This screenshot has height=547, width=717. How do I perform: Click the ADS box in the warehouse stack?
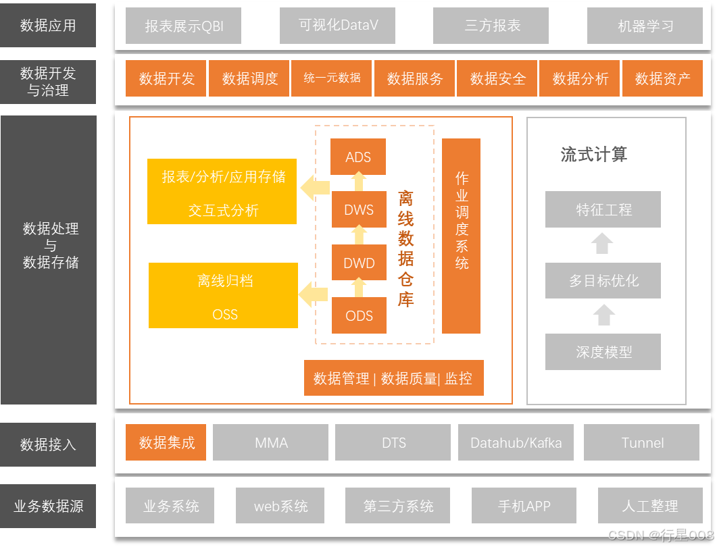pos(358,157)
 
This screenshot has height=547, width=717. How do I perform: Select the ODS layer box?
pos(359,315)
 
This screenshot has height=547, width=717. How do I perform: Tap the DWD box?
pos(359,263)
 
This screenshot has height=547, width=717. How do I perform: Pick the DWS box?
pos(359,209)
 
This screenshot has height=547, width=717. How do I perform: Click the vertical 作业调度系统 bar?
pos(462,236)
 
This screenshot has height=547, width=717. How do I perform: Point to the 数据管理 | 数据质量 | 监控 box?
pos(393,378)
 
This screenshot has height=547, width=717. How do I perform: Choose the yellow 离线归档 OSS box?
pos(224,296)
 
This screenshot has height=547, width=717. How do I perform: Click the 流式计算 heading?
pos(594,155)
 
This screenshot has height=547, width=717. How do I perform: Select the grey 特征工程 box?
pos(603,209)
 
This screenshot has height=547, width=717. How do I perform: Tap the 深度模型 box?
pos(603,352)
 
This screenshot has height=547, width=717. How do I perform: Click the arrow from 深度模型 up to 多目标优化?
pos(603,315)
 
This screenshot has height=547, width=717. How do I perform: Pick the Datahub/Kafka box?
pos(516,442)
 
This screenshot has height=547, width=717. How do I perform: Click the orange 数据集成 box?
pos(166,442)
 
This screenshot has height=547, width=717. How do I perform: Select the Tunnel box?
pos(642,442)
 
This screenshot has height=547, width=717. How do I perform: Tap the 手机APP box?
pos(524,505)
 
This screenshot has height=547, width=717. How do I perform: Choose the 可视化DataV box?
pos(338,26)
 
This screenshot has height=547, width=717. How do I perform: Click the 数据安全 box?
pos(497,78)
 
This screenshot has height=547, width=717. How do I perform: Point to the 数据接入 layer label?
pos(48,444)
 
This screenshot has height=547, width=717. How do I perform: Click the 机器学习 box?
pos(645,26)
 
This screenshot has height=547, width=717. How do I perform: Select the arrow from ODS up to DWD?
pos(359,288)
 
